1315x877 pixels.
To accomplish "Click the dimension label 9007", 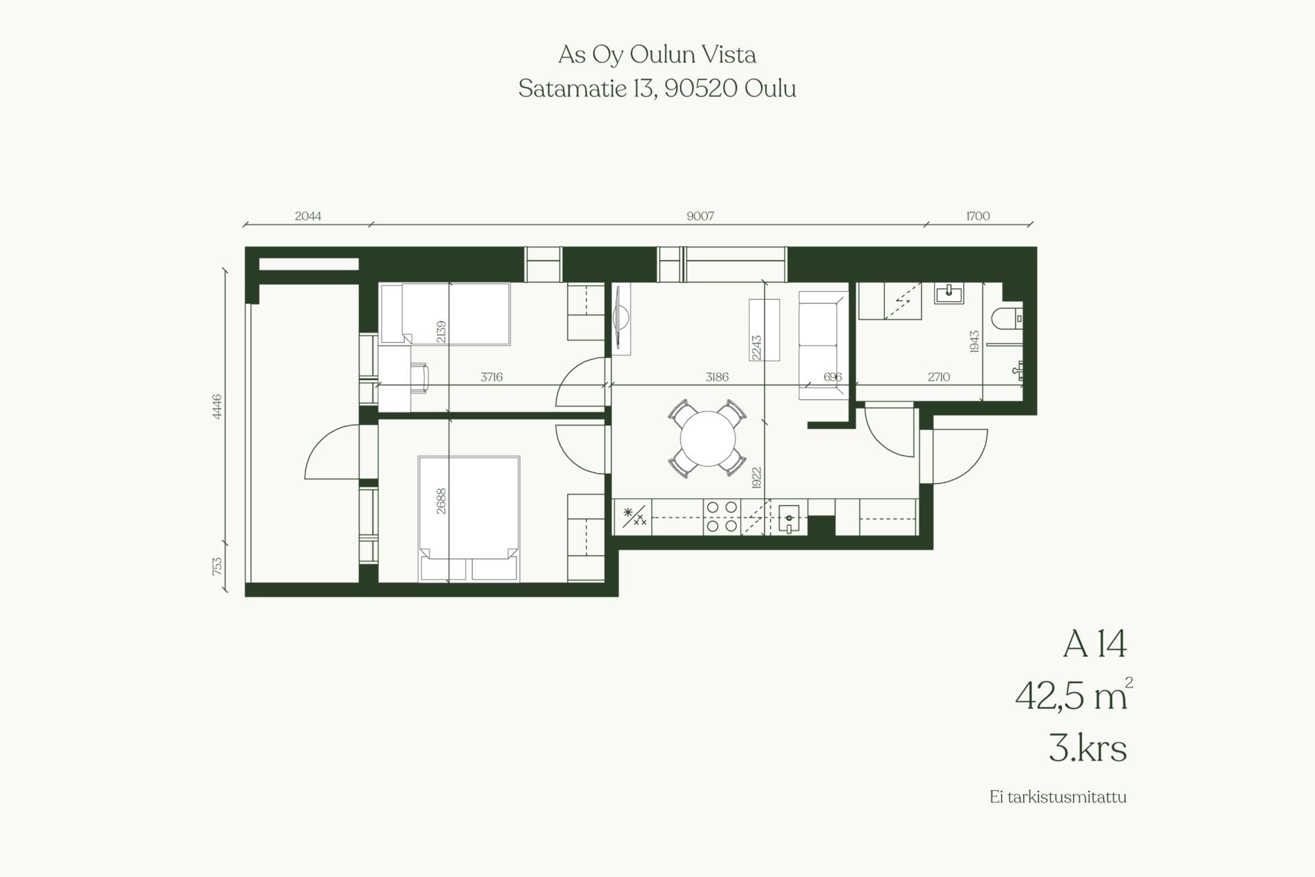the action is (700, 216).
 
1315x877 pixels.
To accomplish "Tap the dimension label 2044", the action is (308, 216).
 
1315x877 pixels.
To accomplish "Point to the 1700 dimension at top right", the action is (978, 216).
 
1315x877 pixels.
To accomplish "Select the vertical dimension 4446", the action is (217, 406).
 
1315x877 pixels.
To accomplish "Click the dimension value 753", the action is (217, 565).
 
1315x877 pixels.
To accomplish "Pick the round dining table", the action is (707, 438).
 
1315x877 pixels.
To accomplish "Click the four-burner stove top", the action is (722, 517).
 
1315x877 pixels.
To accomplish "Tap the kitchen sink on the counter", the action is (789, 518).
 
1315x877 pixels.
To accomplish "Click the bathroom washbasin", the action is (948, 293).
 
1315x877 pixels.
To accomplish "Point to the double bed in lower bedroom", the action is (468, 519).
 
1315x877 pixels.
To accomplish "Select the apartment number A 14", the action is (1094, 645).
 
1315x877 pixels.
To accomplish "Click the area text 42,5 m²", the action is (1073, 696).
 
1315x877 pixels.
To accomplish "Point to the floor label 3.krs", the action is (1088, 749).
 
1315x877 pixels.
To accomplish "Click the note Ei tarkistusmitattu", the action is (1058, 798).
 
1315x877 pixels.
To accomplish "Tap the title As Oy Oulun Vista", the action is (657, 55).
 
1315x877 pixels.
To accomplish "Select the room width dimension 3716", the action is (492, 377).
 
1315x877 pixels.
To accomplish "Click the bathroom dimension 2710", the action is (938, 377).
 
